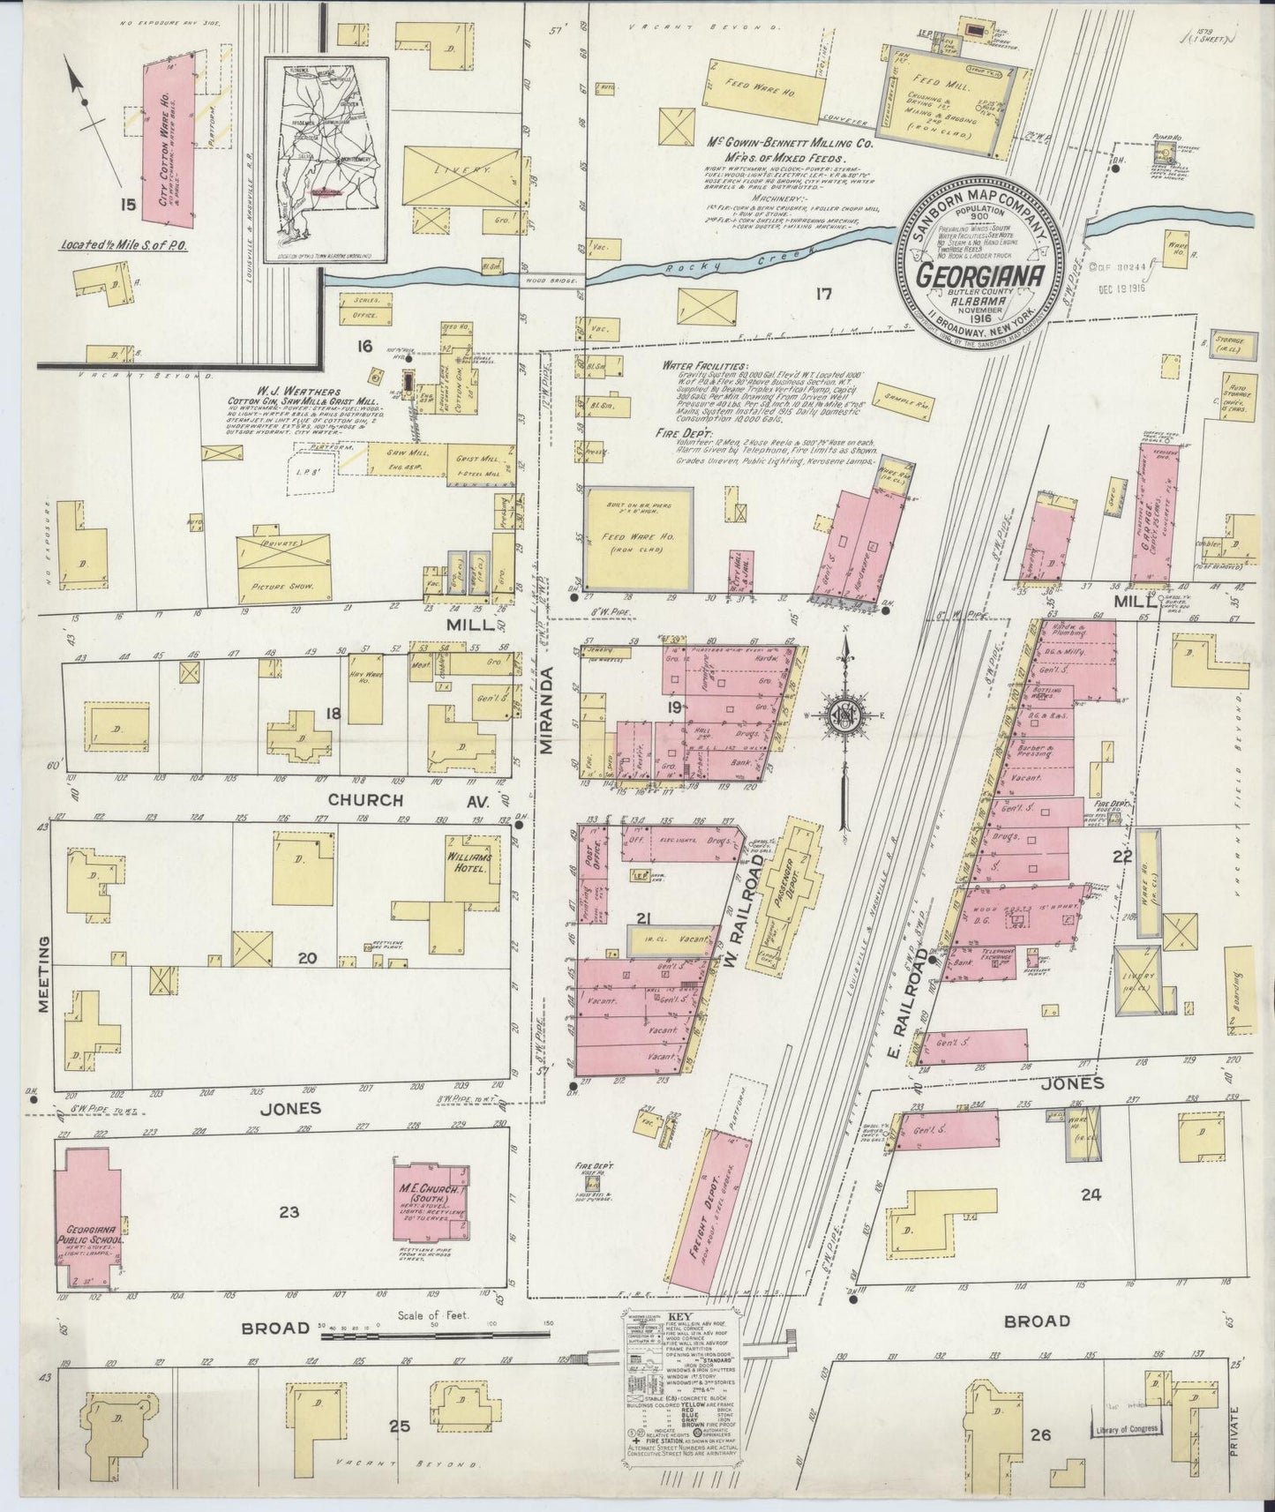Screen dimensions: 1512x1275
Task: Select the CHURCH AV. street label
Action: [367, 801]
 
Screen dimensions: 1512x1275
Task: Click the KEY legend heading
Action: [680, 1316]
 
